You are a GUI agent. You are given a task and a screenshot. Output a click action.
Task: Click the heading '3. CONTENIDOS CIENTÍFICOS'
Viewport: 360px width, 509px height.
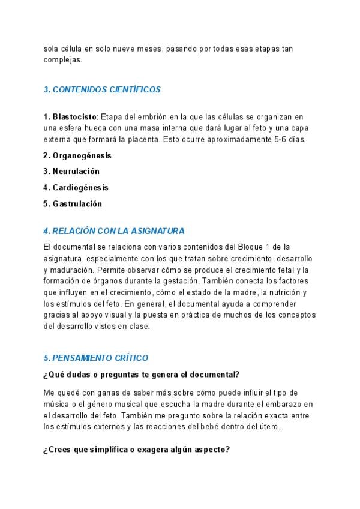pos(102,89)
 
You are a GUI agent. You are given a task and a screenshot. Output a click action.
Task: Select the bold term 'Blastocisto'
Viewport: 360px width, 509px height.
pos(74,116)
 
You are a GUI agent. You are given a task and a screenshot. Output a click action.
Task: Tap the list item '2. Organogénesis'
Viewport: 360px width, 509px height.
pos(77,155)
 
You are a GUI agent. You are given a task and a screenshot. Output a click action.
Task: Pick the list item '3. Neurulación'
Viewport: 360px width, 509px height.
pos(71,172)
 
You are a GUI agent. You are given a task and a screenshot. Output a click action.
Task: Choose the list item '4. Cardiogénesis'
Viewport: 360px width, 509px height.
pos(76,188)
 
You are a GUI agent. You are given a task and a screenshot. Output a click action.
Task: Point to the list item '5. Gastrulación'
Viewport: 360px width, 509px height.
pos(73,204)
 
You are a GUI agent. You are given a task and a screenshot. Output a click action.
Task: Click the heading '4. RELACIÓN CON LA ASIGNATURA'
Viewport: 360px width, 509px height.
pos(114,231)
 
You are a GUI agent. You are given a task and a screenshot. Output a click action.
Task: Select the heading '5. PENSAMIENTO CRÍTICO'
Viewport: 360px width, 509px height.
pos(96,358)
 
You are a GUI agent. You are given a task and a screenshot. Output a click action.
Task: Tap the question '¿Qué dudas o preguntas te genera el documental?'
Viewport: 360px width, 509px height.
pos(142,375)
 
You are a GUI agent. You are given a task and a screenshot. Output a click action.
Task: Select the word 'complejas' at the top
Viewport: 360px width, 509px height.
pos(62,60)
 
